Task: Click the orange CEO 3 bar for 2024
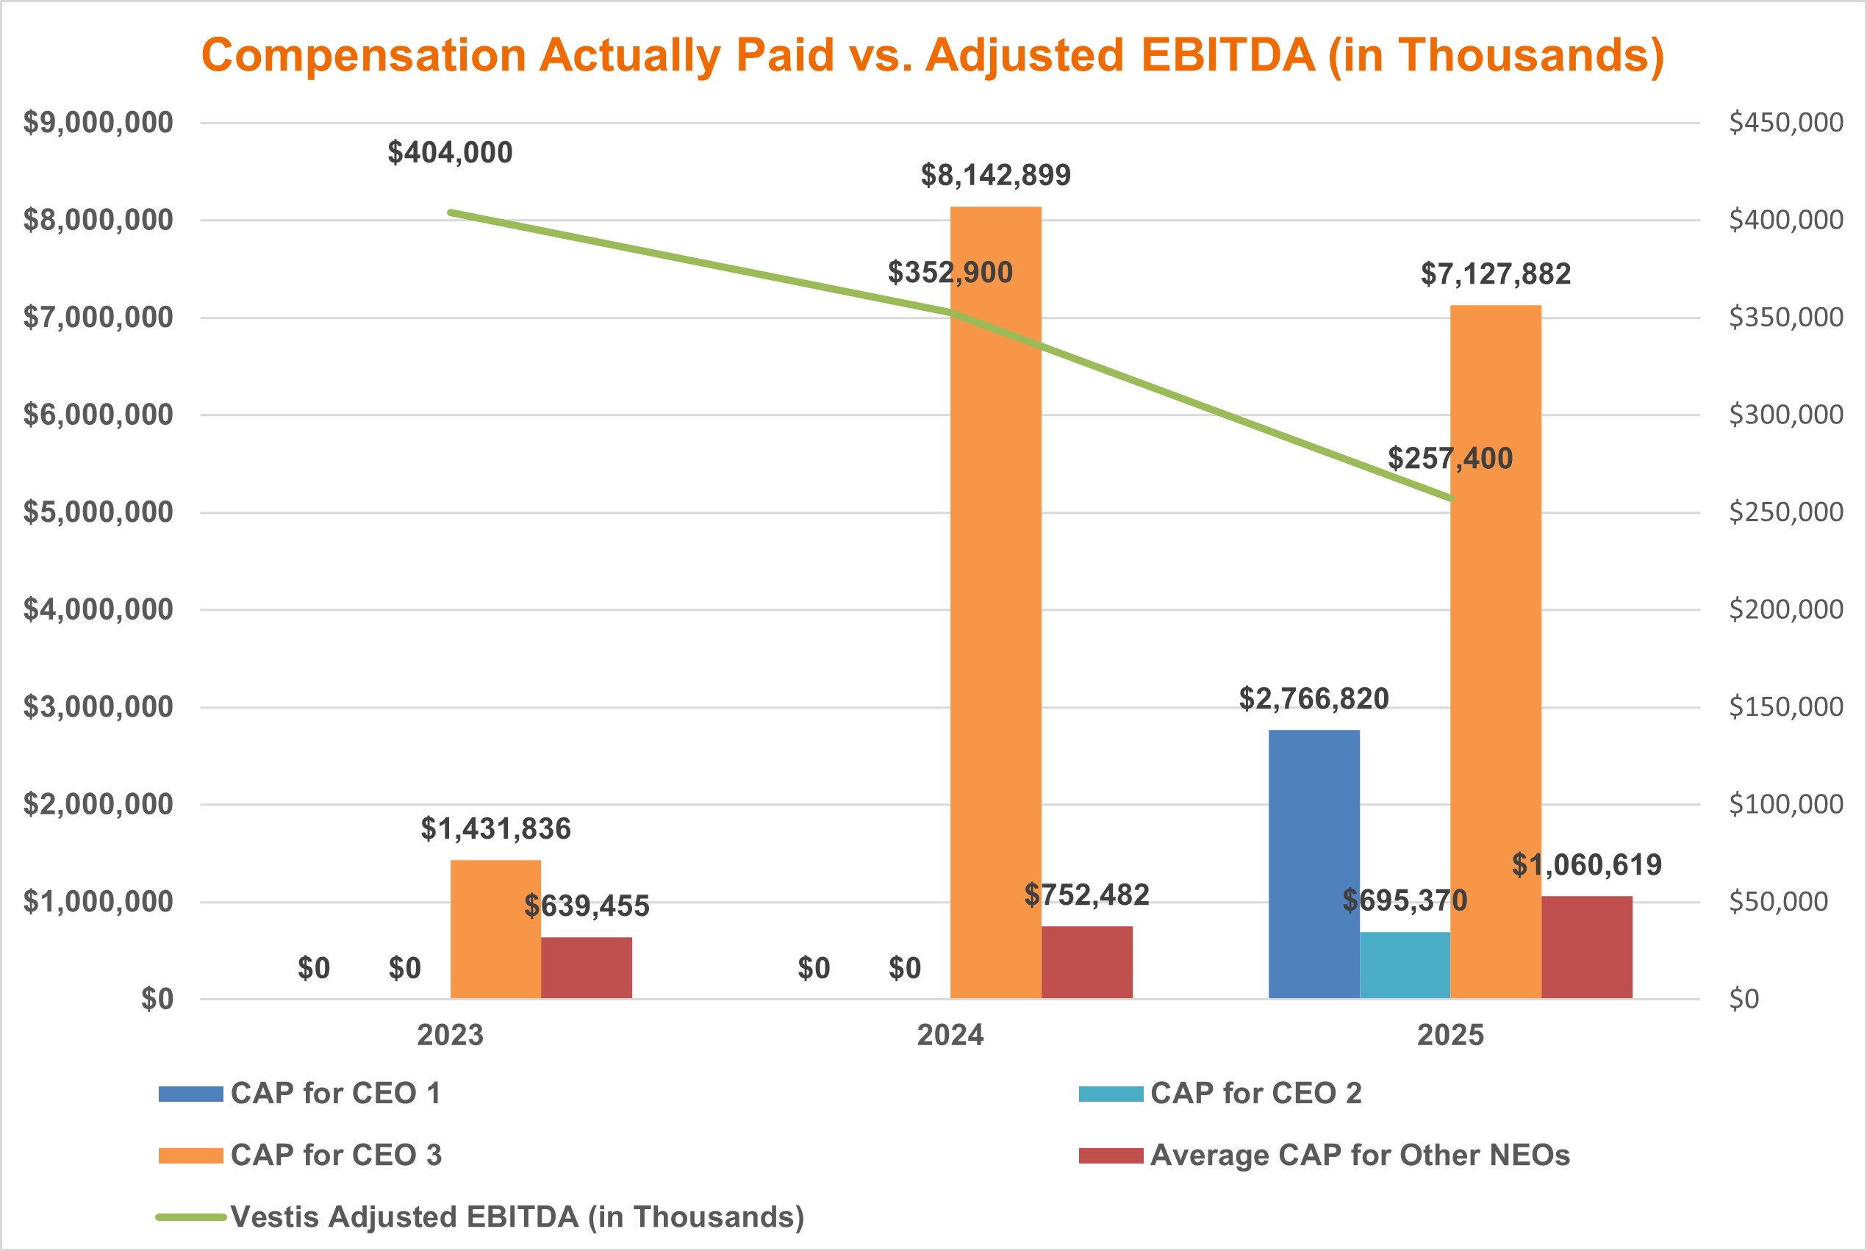click(995, 638)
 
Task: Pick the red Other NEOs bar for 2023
click(587, 967)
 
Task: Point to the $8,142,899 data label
click(995, 176)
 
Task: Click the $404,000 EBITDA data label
click(450, 152)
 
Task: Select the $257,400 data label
click(1449, 459)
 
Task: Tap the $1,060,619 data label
click(1586, 865)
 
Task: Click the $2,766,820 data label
click(1314, 699)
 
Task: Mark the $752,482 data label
click(1086, 895)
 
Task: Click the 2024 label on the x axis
click(950, 1036)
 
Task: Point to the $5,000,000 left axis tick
click(97, 512)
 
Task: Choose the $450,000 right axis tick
click(1785, 123)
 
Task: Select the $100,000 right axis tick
click(1785, 804)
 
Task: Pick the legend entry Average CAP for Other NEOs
click(1359, 1155)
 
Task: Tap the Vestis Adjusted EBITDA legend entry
click(516, 1216)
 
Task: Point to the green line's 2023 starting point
click(451, 212)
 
